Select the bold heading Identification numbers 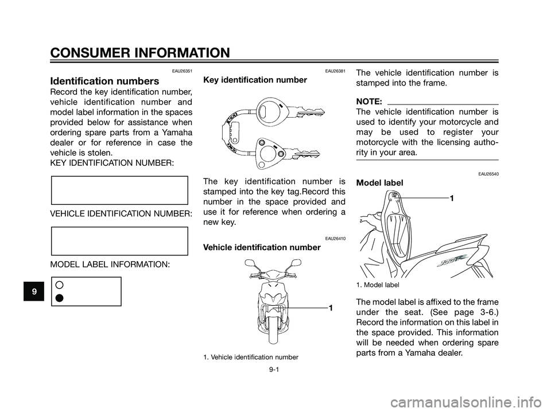click(105, 81)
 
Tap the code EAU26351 click(182, 71)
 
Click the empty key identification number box click(119, 191)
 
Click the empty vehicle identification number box click(119, 240)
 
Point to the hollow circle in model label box click(60, 285)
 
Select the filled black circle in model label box click(60, 297)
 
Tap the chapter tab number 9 click(36, 291)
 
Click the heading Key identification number click(255, 80)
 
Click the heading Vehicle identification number click(262, 247)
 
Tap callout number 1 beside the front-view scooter click(331, 309)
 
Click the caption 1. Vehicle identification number click(250, 357)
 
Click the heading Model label click(379, 182)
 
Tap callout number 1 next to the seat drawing click(452, 197)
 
